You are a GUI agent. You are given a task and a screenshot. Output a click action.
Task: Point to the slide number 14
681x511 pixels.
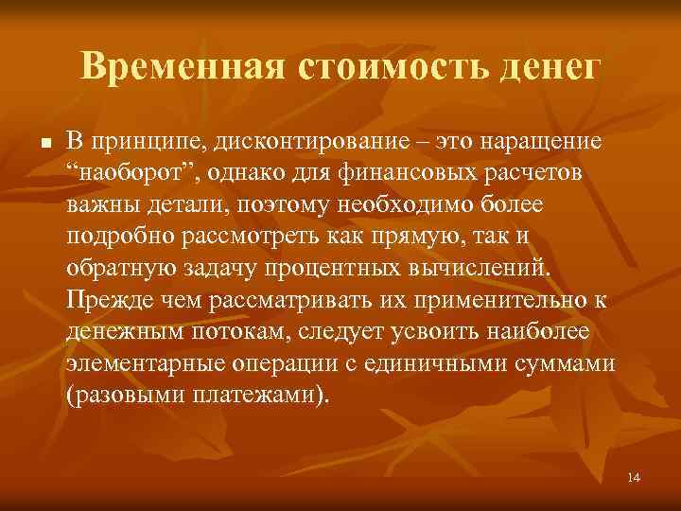pyautogui.click(x=634, y=477)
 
